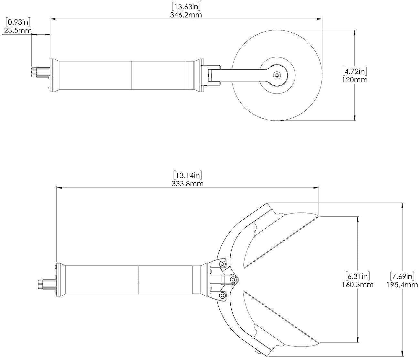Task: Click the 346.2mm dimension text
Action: click(186, 15)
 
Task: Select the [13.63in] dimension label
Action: click(186, 6)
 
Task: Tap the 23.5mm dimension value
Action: click(18, 31)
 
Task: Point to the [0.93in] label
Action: click(18, 22)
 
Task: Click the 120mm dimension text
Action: click(355, 79)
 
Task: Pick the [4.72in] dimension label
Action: click(355, 71)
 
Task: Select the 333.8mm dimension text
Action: click(188, 184)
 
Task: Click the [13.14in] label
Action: click(188, 175)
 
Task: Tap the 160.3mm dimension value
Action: click(357, 285)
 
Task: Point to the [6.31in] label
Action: click(357, 276)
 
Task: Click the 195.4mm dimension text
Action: click(402, 285)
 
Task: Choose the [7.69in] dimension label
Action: click(402, 276)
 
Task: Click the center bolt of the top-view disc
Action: click(277, 75)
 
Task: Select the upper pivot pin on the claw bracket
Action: click(222, 264)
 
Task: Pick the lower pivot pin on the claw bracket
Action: click(222, 295)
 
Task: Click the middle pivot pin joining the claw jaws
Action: click(233, 279)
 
